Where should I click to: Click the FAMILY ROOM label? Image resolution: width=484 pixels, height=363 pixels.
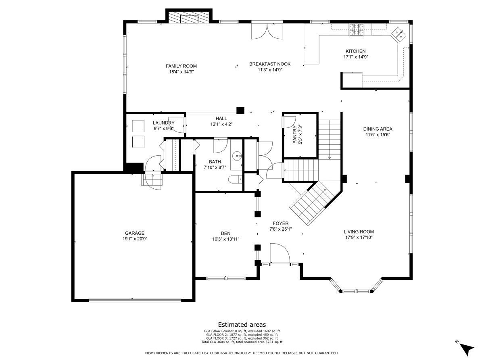(x=181, y=66)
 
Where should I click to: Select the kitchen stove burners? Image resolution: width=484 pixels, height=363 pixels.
(x=356, y=29)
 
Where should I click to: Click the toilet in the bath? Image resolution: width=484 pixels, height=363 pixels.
(x=235, y=179)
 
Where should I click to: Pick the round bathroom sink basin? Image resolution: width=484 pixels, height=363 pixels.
(x=237, y=156)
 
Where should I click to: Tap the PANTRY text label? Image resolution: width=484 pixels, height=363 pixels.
(x=294, y=135)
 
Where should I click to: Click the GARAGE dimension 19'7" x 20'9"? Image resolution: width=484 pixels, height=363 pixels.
(x=135, y=239)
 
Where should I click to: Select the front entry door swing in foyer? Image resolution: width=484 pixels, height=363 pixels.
(x=280, y=253)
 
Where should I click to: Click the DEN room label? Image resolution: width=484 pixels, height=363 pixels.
(x=225, y=234)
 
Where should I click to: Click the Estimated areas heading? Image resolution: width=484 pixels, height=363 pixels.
(x=242, y=325)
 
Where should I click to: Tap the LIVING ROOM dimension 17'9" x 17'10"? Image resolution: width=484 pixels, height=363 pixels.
(x=359, y=238)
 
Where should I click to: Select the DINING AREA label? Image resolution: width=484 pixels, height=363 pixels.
(x=378, y=129)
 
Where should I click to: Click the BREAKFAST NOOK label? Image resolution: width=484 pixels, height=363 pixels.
(x=270, y=64)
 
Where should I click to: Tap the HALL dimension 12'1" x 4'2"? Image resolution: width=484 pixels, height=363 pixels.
(x=221, y=124)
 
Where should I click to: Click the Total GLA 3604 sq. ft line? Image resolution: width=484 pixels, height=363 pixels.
(x=242, y=342)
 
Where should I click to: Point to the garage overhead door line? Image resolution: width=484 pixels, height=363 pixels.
(x=135, y=300)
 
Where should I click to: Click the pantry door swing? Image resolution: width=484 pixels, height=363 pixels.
(x=289, y=122)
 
